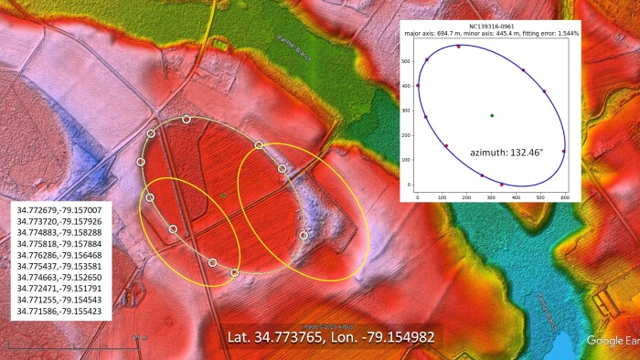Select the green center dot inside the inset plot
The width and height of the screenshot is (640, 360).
tap(492, 115)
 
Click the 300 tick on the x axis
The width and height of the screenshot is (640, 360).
tap(492, 196)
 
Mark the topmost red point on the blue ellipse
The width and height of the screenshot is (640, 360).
tap(458, 46)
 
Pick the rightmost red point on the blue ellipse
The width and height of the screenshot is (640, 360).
tap(563, 151)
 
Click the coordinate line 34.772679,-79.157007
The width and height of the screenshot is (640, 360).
tap(59, 209)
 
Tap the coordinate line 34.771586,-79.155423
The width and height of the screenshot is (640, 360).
tap(59, 312)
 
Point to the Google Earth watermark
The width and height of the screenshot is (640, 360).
tap(612, 341)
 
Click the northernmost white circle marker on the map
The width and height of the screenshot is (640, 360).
tap(187, 120)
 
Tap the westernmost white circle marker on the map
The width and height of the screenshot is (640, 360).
tap(141, 162)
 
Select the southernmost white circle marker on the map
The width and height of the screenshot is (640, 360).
tap(235, 272)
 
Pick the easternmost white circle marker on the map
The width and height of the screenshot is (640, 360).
tap(304, 235)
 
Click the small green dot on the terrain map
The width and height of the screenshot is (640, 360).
tap(223, 195)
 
